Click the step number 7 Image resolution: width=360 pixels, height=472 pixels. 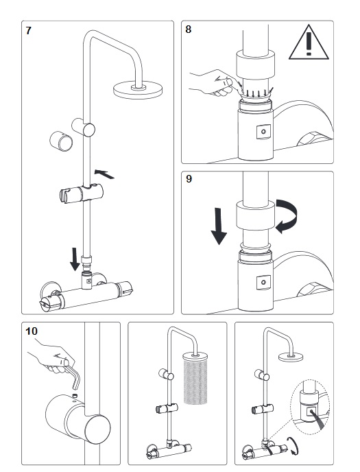pyautogui.click(x=28, y=31)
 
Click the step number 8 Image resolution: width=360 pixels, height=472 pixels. pyautogui.click(x=189, y=29)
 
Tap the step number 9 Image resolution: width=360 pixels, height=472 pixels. pyautogui.click(x=189, y=179)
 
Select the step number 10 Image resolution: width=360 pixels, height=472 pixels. pyautogui.click(x=32, y=331)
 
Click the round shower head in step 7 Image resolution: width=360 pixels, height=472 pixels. pyautogui.click(x=138, y=89)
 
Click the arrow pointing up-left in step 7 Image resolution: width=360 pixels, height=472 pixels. pyautogui.click(x=104, y=174)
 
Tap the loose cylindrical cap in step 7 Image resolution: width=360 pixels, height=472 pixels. pyautogui.click(x=61, y=141)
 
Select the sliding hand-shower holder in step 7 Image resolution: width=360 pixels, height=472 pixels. pyautogui.click(x=82, y=193)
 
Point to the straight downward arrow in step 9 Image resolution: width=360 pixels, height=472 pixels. pyautogui.click(x=219, y=226)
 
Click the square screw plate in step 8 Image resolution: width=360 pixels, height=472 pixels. pyautogui.click(x=263, y=132)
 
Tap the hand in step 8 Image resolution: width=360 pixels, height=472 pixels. pyautogui.click(x=212, y=82)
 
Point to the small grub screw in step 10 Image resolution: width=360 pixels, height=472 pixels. pyautogui.click(x=75, y=395)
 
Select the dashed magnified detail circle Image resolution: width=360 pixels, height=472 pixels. pyautogui.click(x=310, y=407)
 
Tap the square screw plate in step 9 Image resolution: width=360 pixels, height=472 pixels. pyautogui.click(x=263, y=283)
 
